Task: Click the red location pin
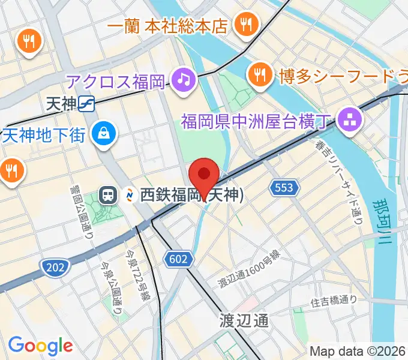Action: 203,175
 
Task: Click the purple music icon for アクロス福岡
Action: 184,79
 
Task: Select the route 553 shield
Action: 282,188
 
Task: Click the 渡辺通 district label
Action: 244,320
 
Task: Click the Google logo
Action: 40,346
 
